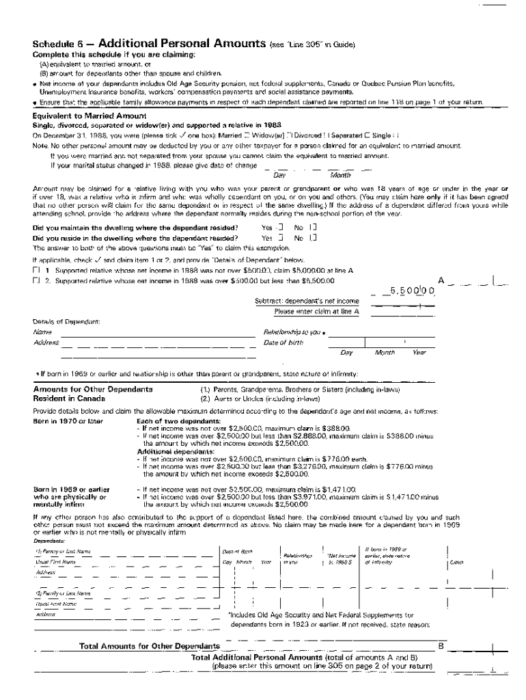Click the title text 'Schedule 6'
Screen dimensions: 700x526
pyautogui.click(x=58, y=44)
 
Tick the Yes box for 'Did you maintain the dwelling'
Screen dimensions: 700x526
pyautogui.click(x=281, y=228)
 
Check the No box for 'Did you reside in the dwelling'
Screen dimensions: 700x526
pyautogui.click(x=312, y=238)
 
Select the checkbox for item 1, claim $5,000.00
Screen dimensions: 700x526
pyautogui.click(x=36, y=271)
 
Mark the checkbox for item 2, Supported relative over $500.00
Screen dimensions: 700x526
pyautogui.click(x=36, y=280)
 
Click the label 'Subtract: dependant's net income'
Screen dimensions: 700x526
pyautogui.click(x=307, y=301)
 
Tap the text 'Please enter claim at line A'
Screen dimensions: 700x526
pyautogui.click(x=317, y=311)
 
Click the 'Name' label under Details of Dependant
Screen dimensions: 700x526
pyautogui.click(x=42, y=332)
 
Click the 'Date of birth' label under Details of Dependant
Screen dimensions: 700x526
pyautogui.click(x=283, y=342)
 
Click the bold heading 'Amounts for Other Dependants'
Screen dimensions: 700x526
pyautogui.click(x=93, y=389)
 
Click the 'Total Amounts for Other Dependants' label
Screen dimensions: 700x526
pyautogui.click(x=150, y=646)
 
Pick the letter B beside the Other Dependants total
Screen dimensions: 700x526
pyautogui.click(x=441, y=645)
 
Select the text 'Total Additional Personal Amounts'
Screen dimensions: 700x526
pyautogui.click(x=258, y=656)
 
